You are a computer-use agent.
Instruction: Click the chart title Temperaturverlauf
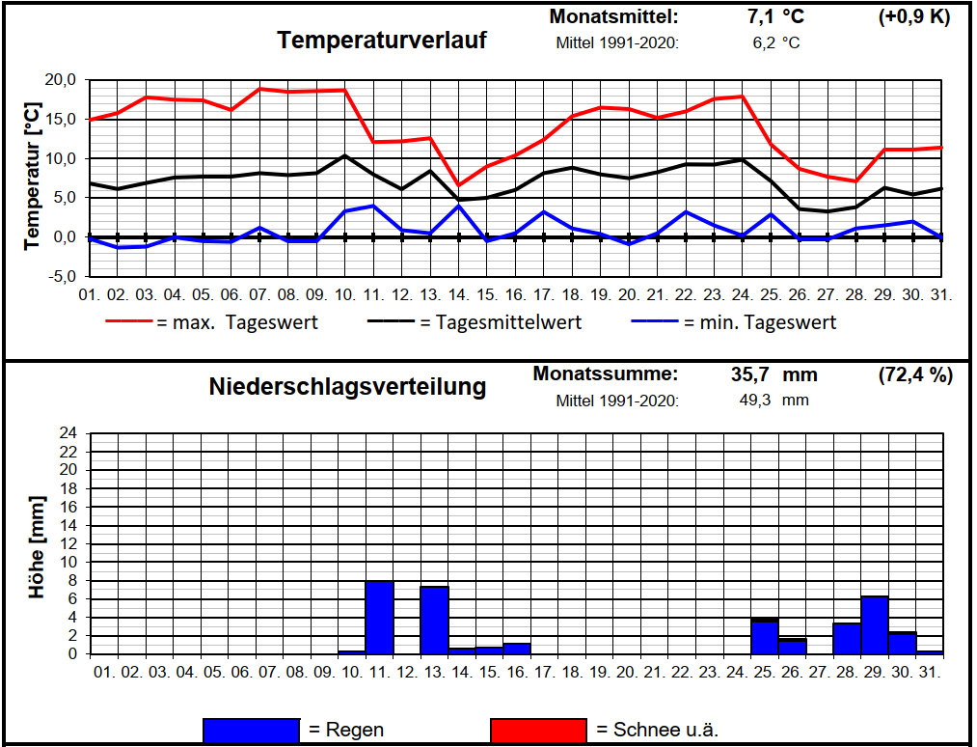381,41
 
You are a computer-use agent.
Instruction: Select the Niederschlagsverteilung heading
347,387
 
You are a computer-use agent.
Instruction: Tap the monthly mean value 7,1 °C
774,16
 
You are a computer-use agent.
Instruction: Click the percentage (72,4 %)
915,374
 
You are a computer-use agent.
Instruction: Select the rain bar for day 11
379,618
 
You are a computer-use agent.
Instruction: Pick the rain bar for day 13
434,621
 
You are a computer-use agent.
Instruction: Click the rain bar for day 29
875,625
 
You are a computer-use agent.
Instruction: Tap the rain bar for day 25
765,637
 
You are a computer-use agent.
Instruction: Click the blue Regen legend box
251,731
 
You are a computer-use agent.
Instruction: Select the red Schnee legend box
538,731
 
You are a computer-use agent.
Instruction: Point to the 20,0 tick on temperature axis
59,80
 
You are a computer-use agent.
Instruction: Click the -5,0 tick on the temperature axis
59,277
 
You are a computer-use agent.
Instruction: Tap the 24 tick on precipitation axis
68,433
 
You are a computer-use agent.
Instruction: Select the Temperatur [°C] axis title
32,180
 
